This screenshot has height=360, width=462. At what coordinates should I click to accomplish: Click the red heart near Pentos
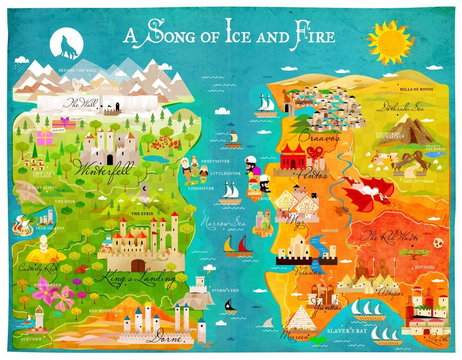coord(316,153)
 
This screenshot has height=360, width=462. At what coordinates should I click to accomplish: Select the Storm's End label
coord(225,290)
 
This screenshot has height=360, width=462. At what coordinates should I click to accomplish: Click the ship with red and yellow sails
coord(238,246)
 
